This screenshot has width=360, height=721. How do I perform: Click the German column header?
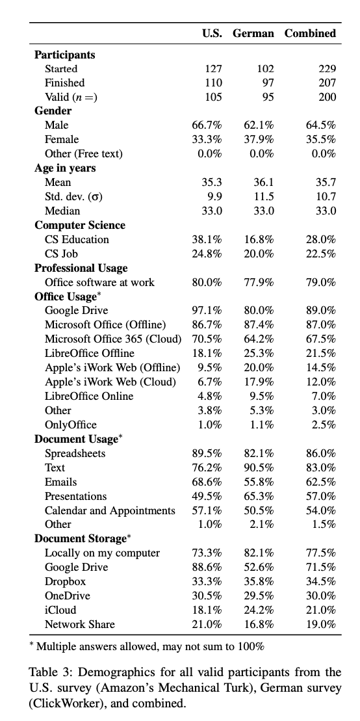253,33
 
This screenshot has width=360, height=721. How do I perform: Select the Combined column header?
310,33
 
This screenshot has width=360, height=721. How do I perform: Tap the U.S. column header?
213,33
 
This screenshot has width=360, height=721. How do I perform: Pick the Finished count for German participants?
266,83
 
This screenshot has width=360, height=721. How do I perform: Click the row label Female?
62,139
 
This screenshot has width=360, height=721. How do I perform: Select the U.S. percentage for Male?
207,125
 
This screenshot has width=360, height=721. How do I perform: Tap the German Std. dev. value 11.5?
264,196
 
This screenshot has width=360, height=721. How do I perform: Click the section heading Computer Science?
80,225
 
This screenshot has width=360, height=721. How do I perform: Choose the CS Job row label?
61,254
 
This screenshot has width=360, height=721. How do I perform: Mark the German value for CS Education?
259,239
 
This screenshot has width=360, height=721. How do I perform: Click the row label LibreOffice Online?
89,396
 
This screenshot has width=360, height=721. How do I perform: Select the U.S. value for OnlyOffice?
210,425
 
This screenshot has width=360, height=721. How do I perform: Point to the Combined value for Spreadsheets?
321,453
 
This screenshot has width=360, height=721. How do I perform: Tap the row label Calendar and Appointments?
110,510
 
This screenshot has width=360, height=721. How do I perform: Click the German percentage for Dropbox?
259,581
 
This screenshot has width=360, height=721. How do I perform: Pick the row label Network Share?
79,624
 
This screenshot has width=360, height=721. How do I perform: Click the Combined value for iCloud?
321,610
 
